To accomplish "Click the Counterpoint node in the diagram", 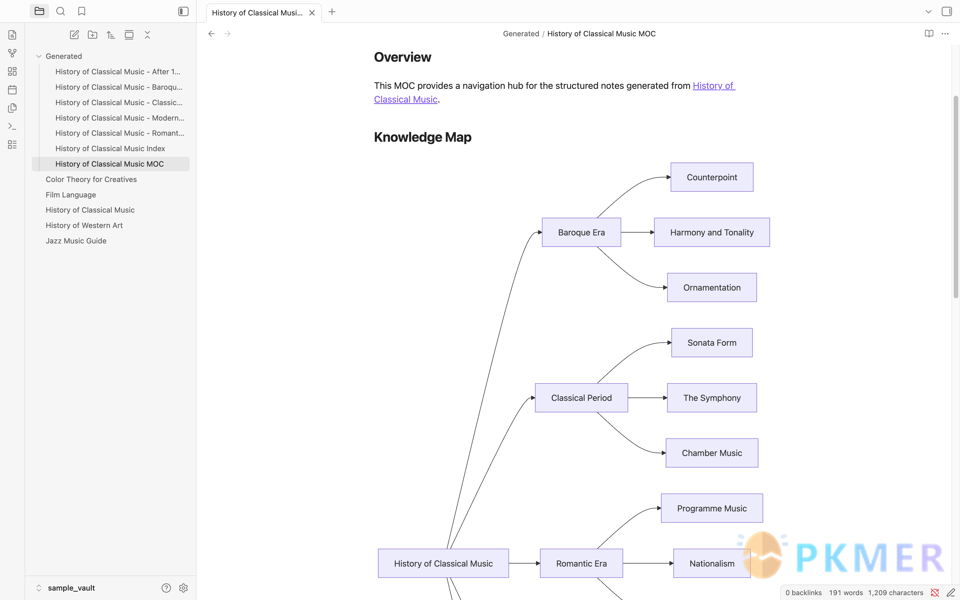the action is tap(712, 177).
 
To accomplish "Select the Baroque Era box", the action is tap(581, 232).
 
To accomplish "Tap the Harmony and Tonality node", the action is tap(712, 232).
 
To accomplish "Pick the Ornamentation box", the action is tap(712, 287).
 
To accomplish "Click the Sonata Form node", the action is tap(712, 343).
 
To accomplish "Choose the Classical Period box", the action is tap(581, 398).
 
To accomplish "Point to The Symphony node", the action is tap(712, 398).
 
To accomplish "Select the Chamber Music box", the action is tap(712, 453).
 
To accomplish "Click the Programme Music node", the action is tap(712, 508).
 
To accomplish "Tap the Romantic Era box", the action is tap(581, 563).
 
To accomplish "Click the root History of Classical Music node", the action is tap(443, 563).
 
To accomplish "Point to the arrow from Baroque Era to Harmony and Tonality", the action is tap(637, 232).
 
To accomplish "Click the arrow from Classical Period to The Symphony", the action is tap(647, 398).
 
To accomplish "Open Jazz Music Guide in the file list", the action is tap(76, 241).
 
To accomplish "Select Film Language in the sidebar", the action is tap(71, 195).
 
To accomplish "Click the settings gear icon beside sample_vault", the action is tap(183, 588).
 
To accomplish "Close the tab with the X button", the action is tap(312, 13).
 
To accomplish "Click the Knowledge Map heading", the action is tap(423, 137).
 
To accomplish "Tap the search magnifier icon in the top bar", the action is tap(60, 11).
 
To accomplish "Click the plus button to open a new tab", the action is tap(332, 12).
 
